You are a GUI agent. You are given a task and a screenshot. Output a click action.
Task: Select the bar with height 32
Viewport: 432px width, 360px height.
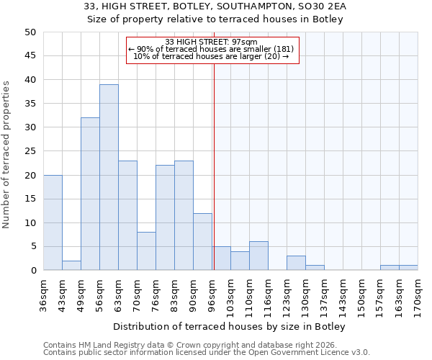[x=90, y=194]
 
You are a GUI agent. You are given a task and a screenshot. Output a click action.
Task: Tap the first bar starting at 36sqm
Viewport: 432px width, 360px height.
[x=53, y=222]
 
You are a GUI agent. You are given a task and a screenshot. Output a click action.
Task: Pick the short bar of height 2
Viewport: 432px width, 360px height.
[x=71, y=265]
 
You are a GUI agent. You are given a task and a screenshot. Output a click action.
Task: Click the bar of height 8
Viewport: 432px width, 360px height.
[x=146, y=251]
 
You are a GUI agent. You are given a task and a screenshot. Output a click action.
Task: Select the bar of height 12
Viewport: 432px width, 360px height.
[x=202, y=241]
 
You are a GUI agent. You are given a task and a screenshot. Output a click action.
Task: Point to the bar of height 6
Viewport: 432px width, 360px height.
[x=258, y=256]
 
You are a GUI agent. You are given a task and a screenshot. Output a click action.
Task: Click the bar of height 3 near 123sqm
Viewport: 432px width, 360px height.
[x=296, y=263]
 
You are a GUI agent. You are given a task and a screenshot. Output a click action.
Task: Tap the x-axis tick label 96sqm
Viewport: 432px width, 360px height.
[x=212, y=293]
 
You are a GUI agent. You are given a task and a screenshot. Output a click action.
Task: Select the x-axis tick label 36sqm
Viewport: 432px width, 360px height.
[x=44, y=293]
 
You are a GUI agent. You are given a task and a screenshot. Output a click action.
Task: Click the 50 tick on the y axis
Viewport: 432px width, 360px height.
[x=30, y=32]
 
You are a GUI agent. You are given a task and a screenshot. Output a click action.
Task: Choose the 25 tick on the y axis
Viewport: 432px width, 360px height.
[x=30, y=151]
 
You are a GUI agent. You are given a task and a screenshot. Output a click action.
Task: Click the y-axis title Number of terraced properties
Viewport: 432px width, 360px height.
[x=7, y=154]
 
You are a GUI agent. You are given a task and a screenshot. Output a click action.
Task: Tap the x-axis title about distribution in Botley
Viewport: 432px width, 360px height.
[x=230, y=327]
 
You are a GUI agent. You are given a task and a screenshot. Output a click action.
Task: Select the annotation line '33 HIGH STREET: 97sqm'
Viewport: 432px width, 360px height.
[x=212, y=42]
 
